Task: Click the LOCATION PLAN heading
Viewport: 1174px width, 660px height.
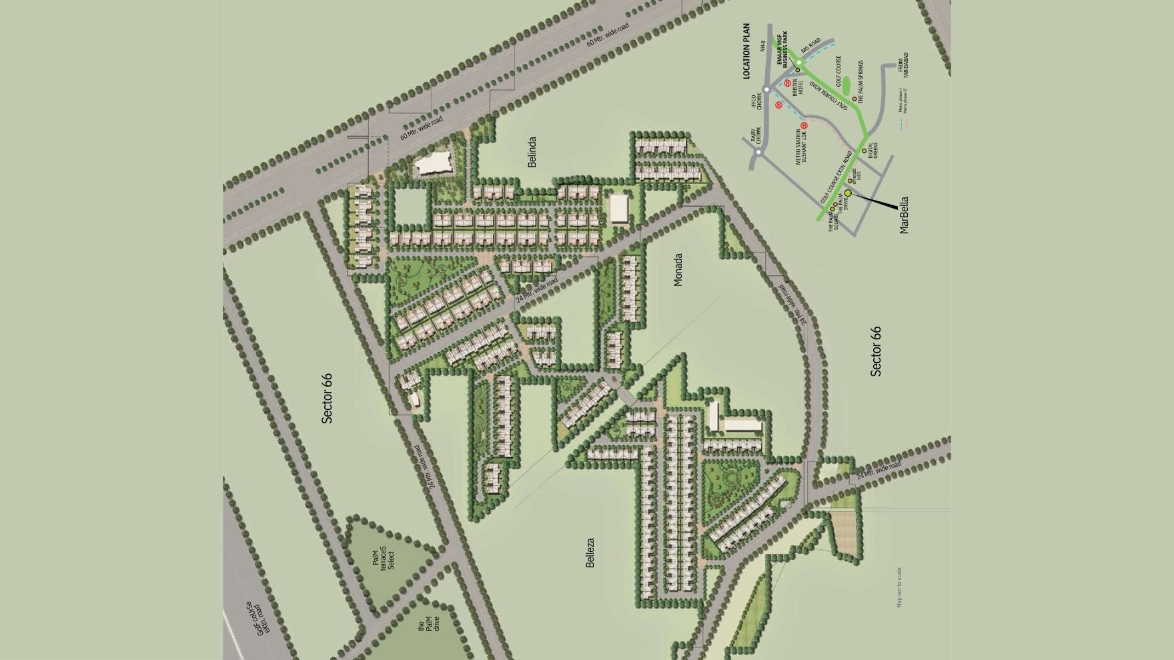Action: click(x=746, y=52)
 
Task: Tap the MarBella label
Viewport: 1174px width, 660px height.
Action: click(x=904, y=215)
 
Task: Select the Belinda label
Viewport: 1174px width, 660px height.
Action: click(x=532, y=152)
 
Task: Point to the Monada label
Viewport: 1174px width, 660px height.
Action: click(x=678, y=269)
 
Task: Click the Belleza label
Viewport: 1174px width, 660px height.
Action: click(x=590, y=553)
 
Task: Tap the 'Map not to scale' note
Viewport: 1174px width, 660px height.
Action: click(x=899, y=587)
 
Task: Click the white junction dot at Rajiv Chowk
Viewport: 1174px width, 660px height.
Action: click(x=759, y=152)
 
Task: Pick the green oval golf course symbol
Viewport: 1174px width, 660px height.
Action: click(x=845, y=85)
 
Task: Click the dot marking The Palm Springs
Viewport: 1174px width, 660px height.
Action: click(x=854, y=99)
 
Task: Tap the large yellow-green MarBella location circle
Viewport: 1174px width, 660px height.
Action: click(x=848, y=193)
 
